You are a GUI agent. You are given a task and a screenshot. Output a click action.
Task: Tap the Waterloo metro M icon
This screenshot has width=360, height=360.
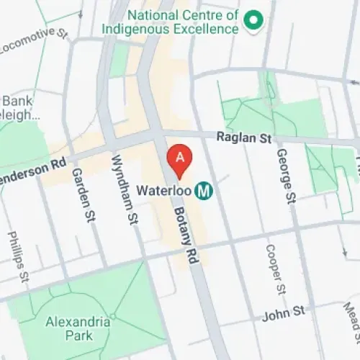(x=205, y=191)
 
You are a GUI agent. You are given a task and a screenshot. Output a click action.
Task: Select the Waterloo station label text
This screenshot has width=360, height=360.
(x=165, y=192)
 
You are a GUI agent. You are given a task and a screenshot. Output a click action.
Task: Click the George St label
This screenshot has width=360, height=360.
(x=287, y=174)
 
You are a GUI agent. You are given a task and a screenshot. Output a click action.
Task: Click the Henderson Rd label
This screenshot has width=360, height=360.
(x=32, y=164)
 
